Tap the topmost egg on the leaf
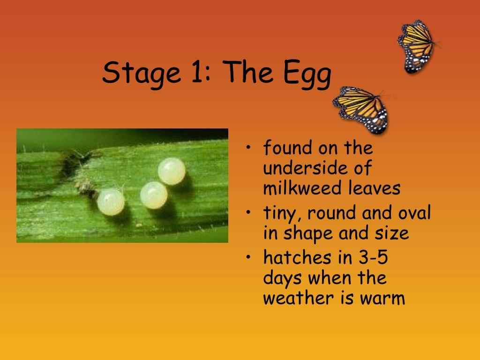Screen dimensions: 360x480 (x=172, y=171)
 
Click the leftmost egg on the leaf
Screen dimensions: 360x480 (x=111, y=201)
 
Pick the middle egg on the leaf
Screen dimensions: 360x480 (x=154, y=195)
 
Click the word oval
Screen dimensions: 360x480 (x=414, y=213)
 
